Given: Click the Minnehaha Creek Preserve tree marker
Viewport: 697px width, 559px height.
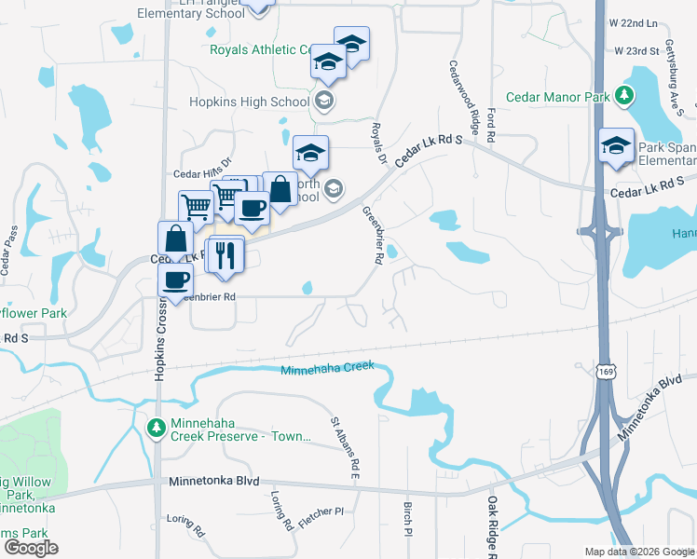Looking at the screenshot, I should click(156, 427).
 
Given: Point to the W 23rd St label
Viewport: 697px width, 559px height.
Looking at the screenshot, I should click(636, 49).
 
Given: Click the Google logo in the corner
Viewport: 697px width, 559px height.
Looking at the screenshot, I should click(31, 548).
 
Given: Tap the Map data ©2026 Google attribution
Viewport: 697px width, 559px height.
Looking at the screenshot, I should click(639, 552).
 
